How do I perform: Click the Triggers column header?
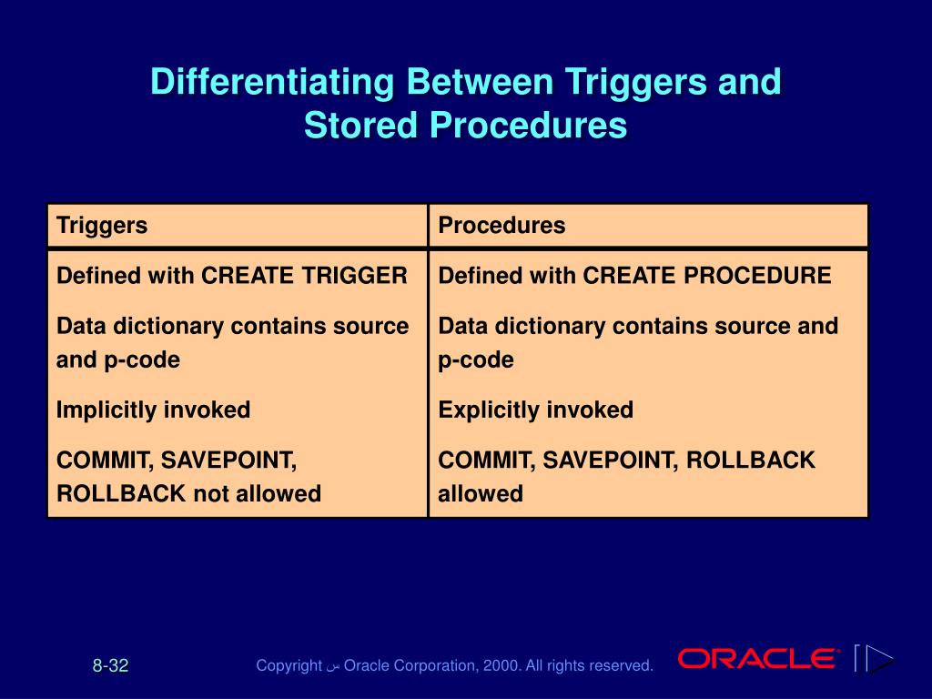[102, 226]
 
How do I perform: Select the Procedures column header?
[501, 226]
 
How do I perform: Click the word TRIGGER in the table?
[358, 276]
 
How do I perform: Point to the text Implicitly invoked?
[153, 410]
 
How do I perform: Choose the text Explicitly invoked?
[535, 410]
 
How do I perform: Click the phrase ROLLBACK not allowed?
[188, 494]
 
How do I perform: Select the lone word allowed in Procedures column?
[481, 494]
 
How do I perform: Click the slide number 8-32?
[110, 666]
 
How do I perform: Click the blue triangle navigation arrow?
[879, 658]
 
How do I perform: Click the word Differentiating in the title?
[272, 82]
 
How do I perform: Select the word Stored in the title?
[360, 126]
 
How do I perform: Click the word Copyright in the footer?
[289, 666]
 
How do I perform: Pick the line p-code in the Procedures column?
[476, 360]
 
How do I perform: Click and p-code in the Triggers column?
[117, 360]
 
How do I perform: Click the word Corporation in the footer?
[432, 666]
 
